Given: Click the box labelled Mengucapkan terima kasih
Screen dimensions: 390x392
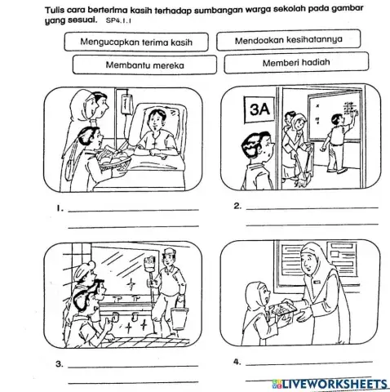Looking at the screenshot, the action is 136,42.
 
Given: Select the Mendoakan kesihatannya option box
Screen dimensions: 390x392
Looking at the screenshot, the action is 289,40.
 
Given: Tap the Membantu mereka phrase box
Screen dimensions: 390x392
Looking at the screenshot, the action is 144,65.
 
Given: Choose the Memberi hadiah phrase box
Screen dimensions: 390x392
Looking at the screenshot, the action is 296,63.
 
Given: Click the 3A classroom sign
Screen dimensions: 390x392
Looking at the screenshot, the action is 259,109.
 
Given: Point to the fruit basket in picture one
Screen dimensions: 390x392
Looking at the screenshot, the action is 113,158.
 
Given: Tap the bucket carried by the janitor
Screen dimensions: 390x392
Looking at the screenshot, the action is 179,318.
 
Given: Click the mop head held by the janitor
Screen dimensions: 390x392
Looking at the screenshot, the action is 150,264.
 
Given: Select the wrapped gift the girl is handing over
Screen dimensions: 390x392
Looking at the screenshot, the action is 281,309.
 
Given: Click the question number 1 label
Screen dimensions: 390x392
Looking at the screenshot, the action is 60,209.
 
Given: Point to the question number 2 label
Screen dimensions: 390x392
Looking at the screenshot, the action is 237,206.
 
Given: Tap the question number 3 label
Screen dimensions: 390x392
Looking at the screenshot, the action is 60,364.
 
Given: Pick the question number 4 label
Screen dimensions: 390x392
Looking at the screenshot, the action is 237,362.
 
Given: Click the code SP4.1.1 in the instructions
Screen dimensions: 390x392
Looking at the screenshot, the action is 118,20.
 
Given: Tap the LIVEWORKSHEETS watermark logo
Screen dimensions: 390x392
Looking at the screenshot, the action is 330,384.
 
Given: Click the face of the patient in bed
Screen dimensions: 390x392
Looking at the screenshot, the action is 156,121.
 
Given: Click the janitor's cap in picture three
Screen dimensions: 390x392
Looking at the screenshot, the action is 169,252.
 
